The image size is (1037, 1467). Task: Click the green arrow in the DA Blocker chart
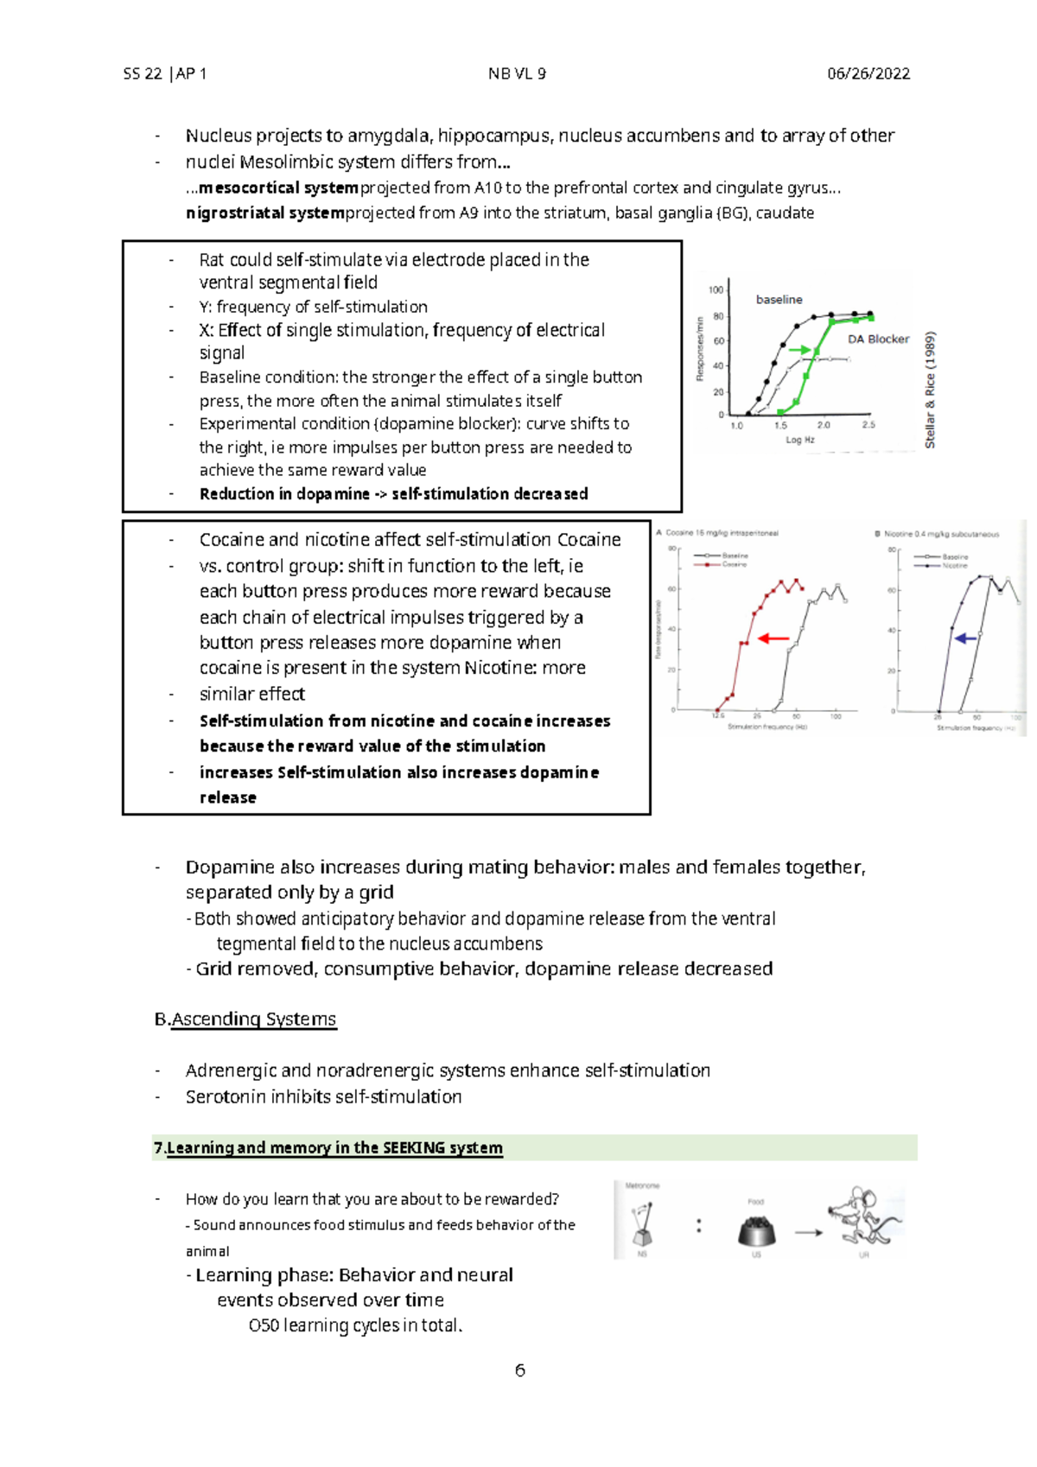coord(799,350)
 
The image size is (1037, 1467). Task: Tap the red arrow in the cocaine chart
coord(773,638)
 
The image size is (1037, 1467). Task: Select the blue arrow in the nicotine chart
coord(965,638)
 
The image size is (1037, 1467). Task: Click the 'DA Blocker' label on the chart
coord(878,340)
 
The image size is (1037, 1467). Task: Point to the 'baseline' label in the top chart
coord(779,300)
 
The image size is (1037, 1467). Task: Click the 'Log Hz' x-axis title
coord(799,440)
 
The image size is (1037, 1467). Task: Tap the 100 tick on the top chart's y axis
coord(716,290)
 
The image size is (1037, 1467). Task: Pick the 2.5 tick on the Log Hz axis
coord(868,425)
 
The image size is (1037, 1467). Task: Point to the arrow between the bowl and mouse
coord(808,1233)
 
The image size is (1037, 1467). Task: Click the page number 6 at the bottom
coord(519,1370)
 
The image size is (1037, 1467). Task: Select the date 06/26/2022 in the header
coord(868,73)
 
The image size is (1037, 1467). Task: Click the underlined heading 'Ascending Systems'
coord(253,1019)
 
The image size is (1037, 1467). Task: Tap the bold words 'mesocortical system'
coord(278,187)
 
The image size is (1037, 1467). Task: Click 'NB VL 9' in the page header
coord(517,73)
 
